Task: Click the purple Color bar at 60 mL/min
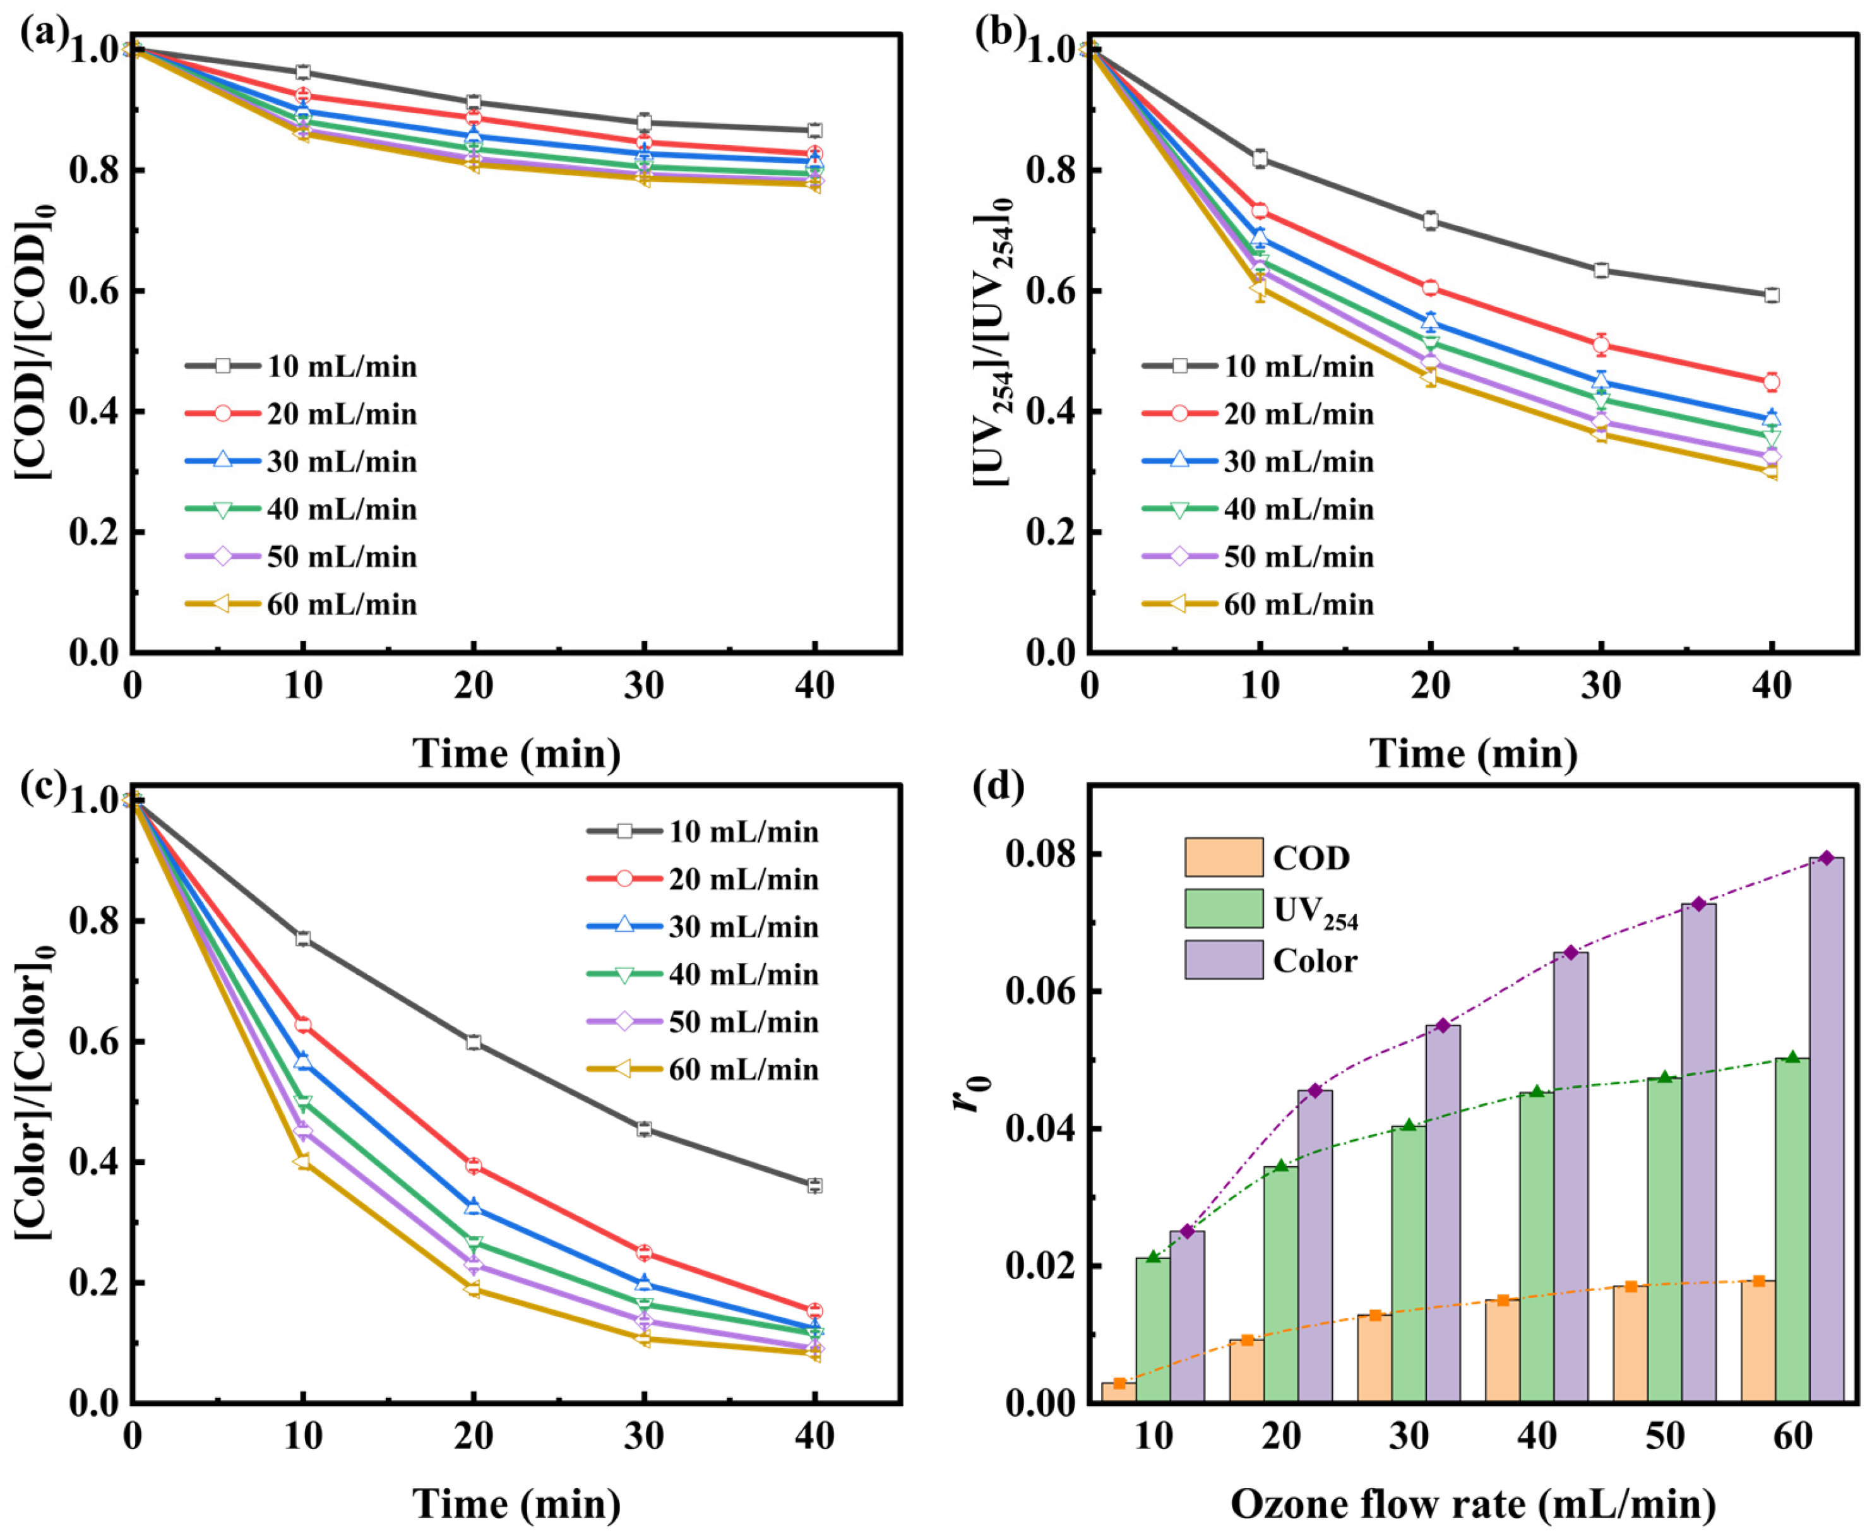tap(1826, 1130)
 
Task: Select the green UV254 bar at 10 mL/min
tap(1153, 1329)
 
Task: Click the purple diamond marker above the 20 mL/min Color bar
tap(1315, 1090)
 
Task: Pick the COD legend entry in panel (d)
tap(1267, 857)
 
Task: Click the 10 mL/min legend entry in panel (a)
tap(301, 366)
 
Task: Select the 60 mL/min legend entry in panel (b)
tap(1258, 604)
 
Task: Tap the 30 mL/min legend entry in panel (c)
tap(703, 927)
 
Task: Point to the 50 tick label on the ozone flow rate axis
tap(1665, 1435)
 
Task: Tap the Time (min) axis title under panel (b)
tap(1474, 754)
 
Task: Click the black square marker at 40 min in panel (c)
tap(814, 1186)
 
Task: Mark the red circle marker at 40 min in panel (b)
tap(1771, 383)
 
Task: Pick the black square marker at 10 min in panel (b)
tap(1259, 158)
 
